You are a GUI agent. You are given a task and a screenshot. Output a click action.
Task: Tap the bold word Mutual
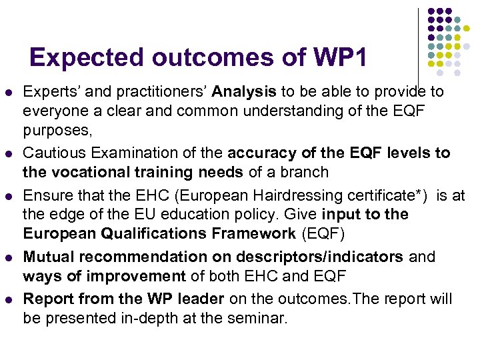tap(50, 257)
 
